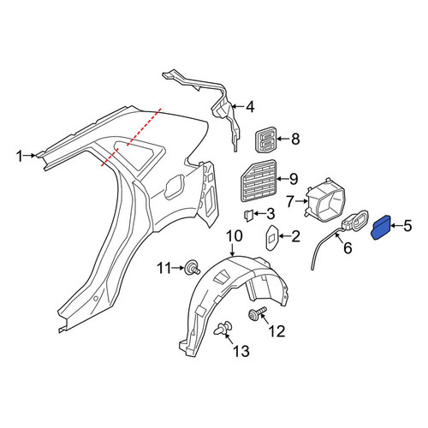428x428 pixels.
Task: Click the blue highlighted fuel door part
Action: [x=380, y=228]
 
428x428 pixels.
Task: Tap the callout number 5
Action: [x=408, y=226]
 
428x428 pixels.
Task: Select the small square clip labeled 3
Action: [x=248, y=215]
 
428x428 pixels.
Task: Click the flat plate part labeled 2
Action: [x=271, y=238]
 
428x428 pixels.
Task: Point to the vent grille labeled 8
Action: [x=265, y=140]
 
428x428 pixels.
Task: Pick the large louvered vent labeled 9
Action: [x=259, y=181]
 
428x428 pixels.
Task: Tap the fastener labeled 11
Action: [x=193, y=268]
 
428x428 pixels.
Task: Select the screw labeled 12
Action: [x=257, y=313]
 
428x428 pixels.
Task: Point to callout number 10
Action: [x=235, y=236]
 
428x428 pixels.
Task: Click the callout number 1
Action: [x=19, y=157]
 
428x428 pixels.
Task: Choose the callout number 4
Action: [x=250, y=107]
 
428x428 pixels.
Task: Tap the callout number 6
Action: [x=348, y=247]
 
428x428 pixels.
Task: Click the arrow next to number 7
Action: [x=301, y=201]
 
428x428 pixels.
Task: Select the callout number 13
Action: [x=241, y=351]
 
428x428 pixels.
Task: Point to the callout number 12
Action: [x=276, y=331]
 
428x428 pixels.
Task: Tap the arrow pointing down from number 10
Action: [x=233, y=250]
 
